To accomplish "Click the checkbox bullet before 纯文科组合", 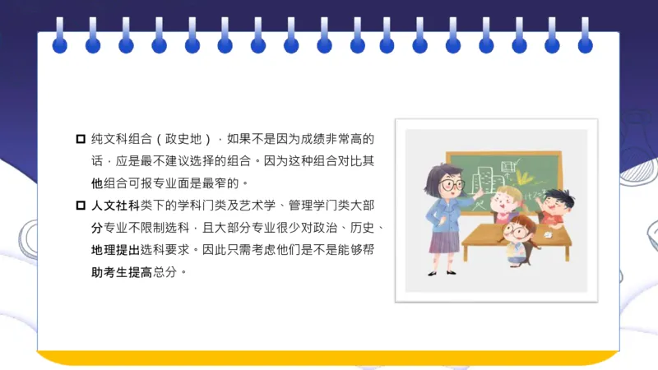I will click(x=80, y=138).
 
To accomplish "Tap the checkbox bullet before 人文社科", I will click(x=80, y=205).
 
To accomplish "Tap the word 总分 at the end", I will click(x=176, y=271).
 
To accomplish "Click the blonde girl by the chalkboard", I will click(x=504, y=202).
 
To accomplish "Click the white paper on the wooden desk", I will click(x=544, y=236).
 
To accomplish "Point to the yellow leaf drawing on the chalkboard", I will click(x=523, y=174).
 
